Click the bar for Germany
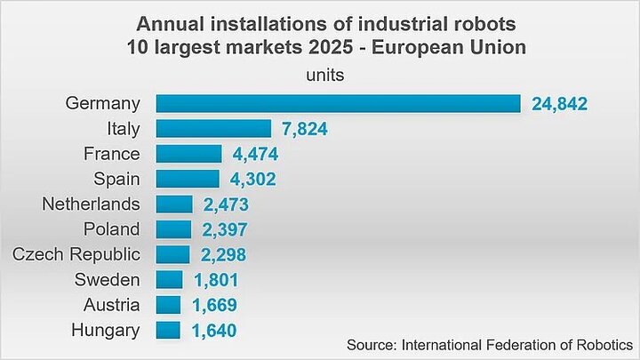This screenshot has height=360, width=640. click(x=339, y=104)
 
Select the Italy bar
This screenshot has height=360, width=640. click(x=213, y=129)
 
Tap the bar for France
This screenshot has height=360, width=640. click(x=189, y=154)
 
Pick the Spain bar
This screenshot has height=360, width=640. click(x=188, y=179)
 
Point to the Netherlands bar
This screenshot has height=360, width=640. click(x=174, y=204)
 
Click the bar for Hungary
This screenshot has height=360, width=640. click(x=168, y=330)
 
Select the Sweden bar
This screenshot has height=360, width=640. click(x=170, y=280)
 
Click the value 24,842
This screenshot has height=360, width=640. click(x=560, y=104)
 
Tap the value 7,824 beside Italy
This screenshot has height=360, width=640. click(x=305, y=129)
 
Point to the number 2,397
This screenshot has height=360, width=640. click(x=225, y=230)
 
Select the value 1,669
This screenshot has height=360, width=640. click(x=214, y=305)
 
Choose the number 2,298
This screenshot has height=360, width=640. click(x=223, y=255)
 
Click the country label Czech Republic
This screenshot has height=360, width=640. click(x=76, y=254)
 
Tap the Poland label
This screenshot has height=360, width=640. click(x=111, y=229)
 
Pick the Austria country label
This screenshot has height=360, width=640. click(x=111, y=305)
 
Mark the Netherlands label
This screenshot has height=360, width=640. click(x=91, y=204)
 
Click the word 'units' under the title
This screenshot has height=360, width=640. click(x=325, y=75)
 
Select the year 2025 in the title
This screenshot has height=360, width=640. click(x=331, y=47)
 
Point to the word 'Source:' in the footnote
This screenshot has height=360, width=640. click(x=372, y=345)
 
